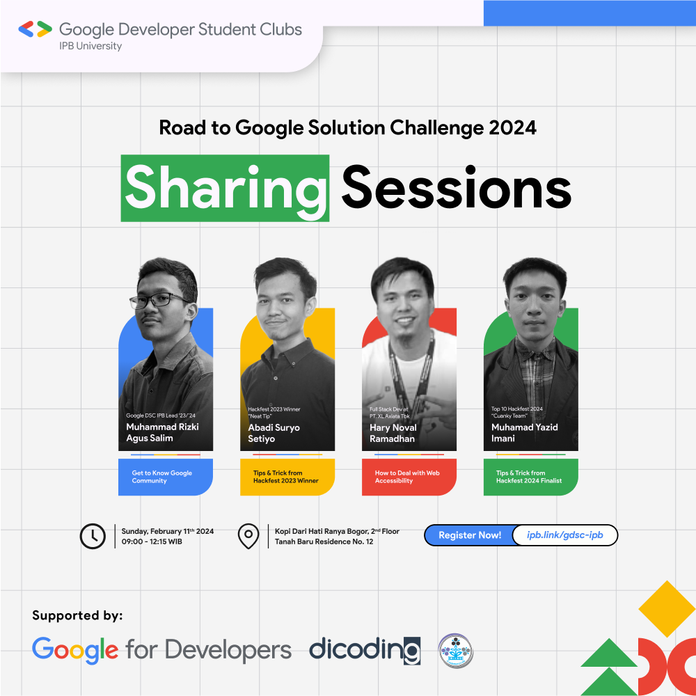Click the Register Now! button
point(469,535)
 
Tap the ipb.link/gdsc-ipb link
point(564,535)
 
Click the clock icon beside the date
point(93,536)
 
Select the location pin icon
point(248,536)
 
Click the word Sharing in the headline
point(225,187)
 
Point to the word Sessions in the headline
point(456,187)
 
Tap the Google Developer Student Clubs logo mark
point(35,29)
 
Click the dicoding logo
point(365,649)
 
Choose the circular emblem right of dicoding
point(456,651)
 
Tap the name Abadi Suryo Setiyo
point(274,433)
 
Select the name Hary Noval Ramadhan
point(393,433)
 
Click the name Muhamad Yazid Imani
point(524,433)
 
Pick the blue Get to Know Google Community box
point(166,477)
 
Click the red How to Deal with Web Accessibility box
point(409,477)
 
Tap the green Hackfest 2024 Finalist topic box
point(530,477)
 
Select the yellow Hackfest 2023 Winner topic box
point(287,477)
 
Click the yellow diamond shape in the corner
point(666,608)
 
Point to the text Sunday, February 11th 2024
point(167,531)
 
